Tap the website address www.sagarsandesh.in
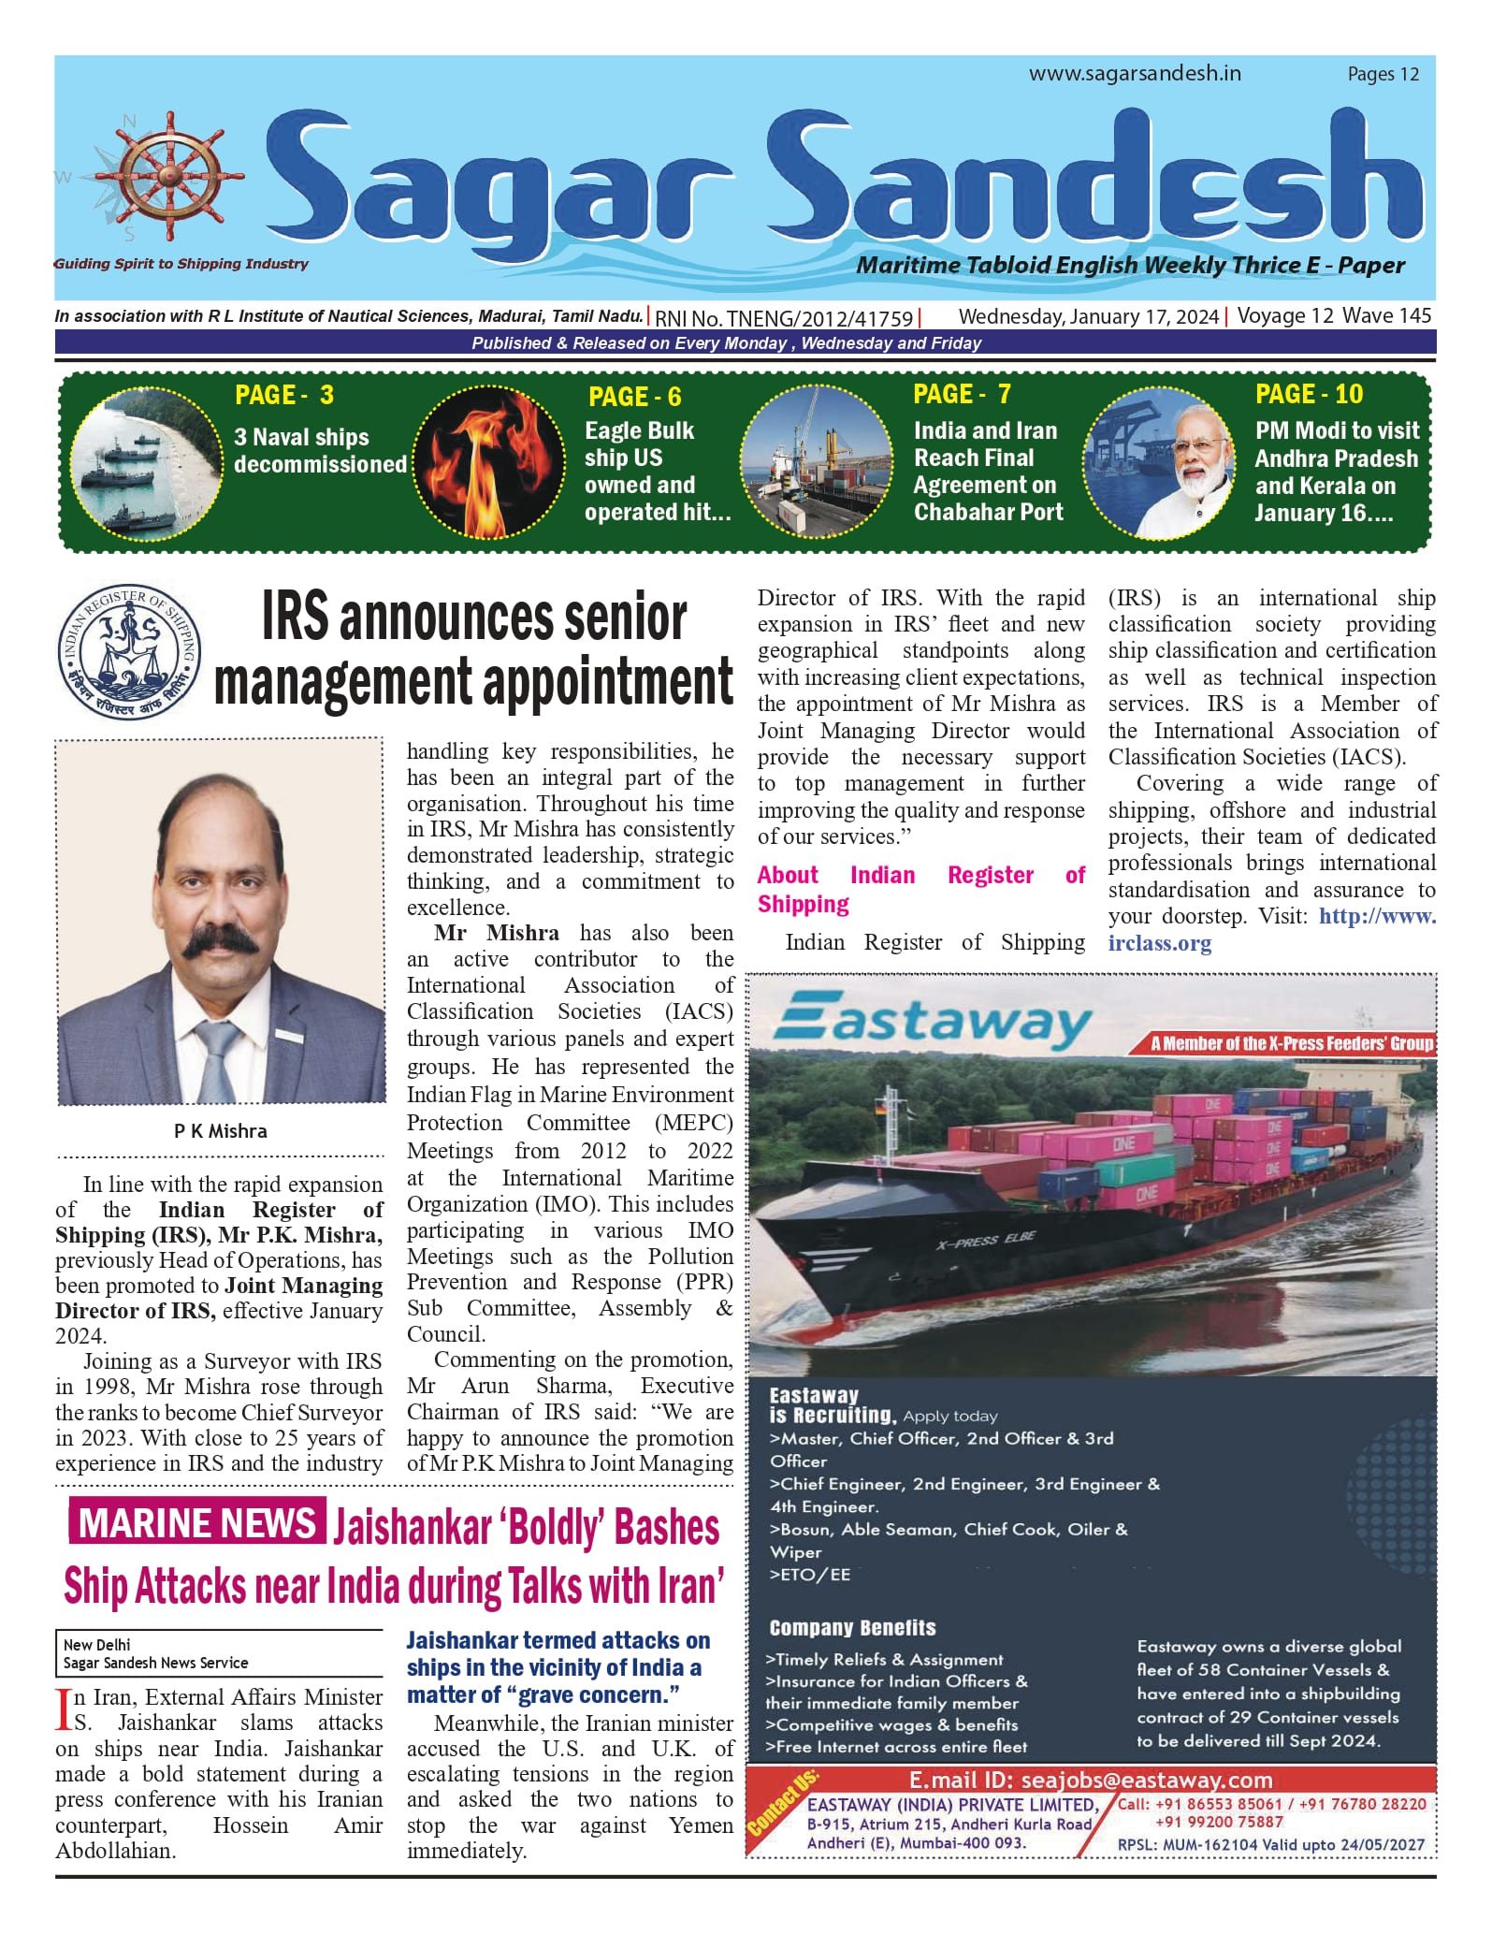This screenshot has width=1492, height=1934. coord(1135,74)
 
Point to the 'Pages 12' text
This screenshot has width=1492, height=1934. coord(1383,75)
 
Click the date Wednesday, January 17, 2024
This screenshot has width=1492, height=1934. coord(1088,316)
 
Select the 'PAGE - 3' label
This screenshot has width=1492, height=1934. coord(284,395)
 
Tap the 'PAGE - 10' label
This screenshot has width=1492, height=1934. coord(1309,395)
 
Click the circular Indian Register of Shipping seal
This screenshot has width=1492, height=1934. coord(128,652)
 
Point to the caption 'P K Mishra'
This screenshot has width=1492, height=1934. coord(220,1130)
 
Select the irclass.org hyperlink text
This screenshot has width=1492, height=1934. coord(1159,943)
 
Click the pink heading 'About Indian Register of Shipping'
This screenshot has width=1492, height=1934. coord(920,889)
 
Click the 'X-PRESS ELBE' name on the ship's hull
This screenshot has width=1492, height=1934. coord(986,1241)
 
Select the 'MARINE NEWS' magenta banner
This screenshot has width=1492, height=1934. coord(196,1523)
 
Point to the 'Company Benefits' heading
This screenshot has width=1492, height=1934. coord(852,1628)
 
